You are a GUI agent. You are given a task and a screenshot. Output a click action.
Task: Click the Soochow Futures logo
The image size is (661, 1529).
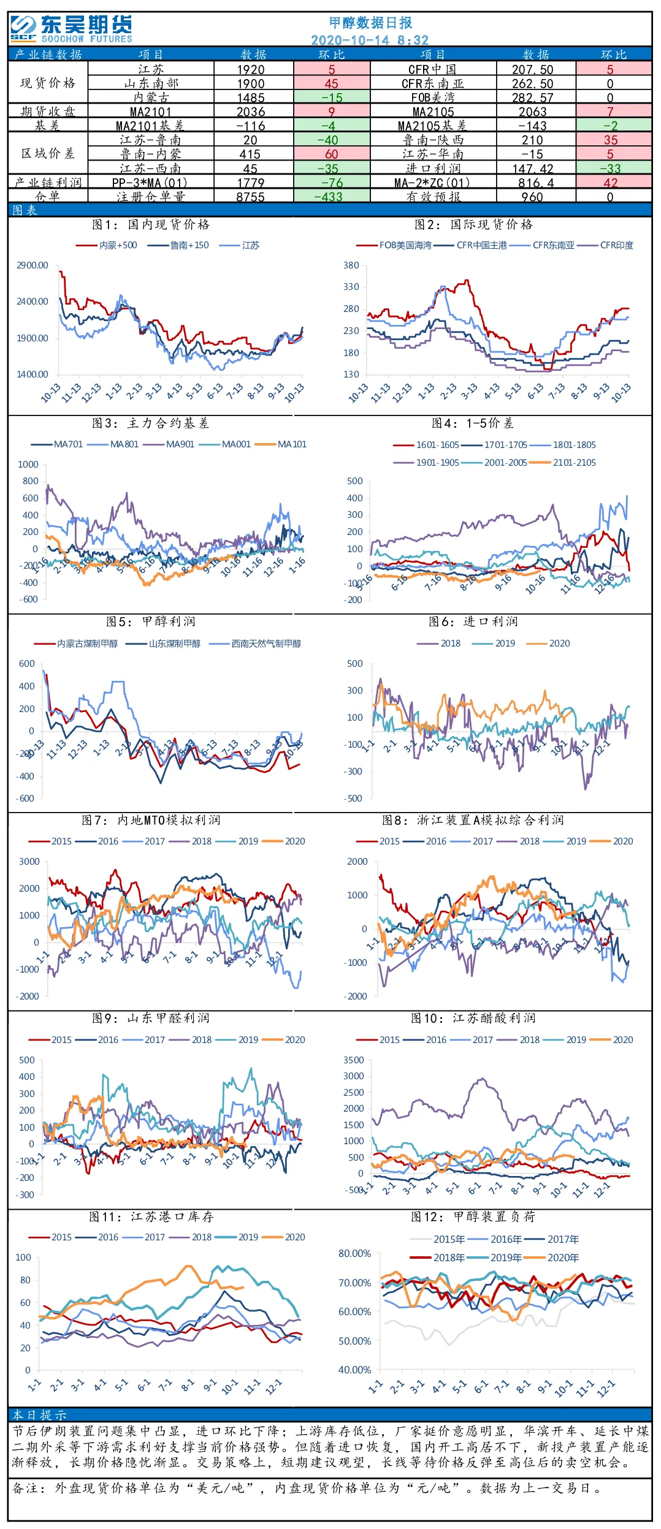click(x=71, y=29)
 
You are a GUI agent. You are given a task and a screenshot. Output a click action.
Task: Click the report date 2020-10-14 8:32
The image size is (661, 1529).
click(x=370, y=40)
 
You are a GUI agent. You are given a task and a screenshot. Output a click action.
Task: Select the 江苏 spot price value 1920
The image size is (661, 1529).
click(x=251, y=69)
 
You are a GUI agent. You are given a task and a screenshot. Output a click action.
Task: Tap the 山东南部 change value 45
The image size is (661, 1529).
click(x=332, y=83)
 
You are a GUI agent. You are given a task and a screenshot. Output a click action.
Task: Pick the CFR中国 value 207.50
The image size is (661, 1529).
click(x=533, y=69)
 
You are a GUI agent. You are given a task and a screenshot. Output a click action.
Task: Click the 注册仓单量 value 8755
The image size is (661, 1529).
click(x=251, y=197)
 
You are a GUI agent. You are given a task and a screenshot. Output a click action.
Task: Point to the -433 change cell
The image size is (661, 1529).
click(x=332, y=197)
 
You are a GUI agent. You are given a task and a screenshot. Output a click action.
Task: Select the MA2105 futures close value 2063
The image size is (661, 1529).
click(x=532, y=112)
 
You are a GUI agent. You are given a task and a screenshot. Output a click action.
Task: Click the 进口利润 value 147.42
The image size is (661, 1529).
click(x=533, y=169)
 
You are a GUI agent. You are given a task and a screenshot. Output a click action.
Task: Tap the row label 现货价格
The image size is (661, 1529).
click(x=48, y=83)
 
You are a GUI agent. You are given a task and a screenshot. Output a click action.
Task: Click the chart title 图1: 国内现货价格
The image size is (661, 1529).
click(x=151, y=224)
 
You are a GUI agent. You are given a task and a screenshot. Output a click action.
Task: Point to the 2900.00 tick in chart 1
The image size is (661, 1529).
click(x=32, y=265)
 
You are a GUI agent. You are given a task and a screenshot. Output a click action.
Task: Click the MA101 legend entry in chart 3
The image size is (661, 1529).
click(x=292, y=444)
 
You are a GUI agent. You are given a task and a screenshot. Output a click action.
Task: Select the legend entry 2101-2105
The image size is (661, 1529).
click(x=574, y=463)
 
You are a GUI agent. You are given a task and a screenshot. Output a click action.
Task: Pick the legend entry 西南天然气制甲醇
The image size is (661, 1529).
click(x=266, y=643)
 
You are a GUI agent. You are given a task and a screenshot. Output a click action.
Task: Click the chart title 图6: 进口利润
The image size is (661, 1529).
click(x=473, y=621)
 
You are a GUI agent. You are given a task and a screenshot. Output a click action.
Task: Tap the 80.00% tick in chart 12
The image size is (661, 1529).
click(x=355, y=1253)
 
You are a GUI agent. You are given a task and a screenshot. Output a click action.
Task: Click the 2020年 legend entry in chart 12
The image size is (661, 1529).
click(x=563, y=1257)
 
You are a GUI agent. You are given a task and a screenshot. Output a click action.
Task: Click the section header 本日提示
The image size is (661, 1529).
click(x=40, y=1414)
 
